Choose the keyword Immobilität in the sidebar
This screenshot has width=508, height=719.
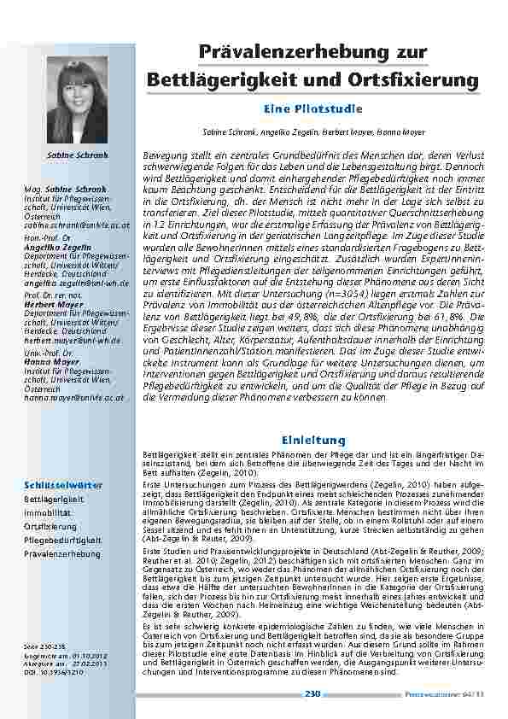pyautogui.click(x=48, y=513)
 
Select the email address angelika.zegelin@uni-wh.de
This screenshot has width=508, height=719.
pyautogui.click(x=77, y=282)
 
